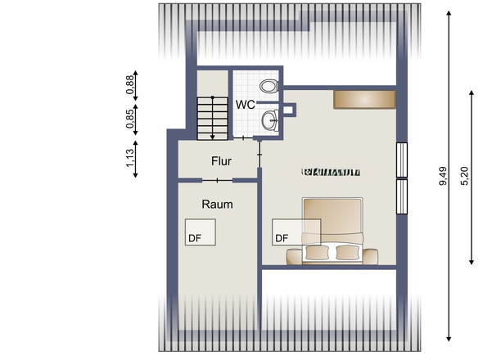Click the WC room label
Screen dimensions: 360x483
(x=246, y=105)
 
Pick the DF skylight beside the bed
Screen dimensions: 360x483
(x=286, y=233)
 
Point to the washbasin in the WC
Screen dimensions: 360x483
(x=269, y=121)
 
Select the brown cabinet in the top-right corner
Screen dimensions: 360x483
(x=364, y=99)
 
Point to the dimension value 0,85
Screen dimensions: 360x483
(x=129, y=118)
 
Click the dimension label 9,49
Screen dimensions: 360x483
(x=443, y=177)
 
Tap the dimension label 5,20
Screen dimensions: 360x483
(x=466, y=177)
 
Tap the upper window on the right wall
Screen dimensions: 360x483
(x=401, y=160)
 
